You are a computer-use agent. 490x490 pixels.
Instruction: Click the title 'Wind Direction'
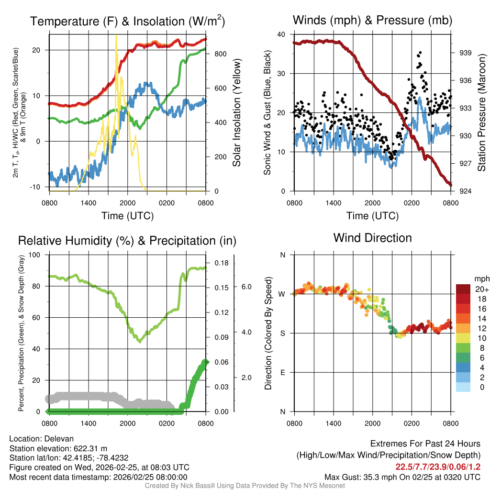(372, 238)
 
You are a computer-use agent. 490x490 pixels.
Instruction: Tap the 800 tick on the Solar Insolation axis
(220, 54)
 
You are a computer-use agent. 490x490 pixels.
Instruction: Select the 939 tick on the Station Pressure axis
(466, 53)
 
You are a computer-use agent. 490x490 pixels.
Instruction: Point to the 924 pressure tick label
(466, 191)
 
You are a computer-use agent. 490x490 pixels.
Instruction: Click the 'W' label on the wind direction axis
(282, 294)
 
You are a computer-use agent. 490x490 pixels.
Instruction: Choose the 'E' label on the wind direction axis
(283, 372)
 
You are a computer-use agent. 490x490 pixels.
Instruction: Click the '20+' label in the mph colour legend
(482, 289)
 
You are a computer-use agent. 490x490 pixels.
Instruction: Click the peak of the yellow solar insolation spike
(116, 36)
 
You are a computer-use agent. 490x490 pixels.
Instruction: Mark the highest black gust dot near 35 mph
(420, 53)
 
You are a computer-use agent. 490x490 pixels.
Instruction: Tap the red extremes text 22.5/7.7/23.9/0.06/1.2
(437, 467)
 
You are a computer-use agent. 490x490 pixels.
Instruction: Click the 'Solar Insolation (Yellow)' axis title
(237, 113)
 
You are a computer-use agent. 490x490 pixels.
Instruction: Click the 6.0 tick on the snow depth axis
(246, 287)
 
